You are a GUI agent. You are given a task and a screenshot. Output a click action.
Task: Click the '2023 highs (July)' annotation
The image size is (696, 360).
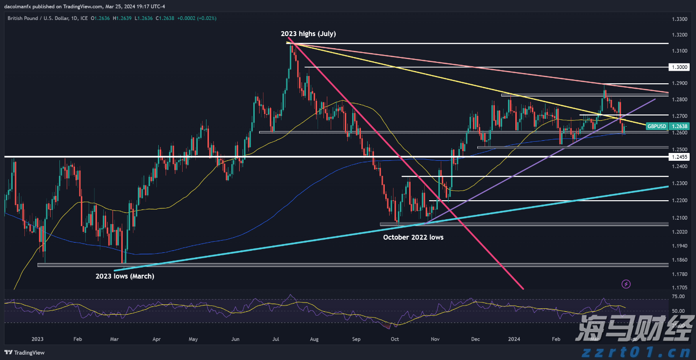[308, 34]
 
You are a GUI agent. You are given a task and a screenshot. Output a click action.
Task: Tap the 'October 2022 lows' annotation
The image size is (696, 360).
[413, 237]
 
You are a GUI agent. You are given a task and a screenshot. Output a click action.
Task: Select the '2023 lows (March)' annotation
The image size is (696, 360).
[124, 276]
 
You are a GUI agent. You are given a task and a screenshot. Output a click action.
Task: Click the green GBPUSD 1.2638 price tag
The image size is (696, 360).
[662, 126]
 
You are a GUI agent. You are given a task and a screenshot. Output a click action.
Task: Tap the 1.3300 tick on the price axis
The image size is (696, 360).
[679, 19]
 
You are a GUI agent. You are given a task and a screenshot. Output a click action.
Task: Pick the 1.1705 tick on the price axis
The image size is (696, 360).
[679, 288]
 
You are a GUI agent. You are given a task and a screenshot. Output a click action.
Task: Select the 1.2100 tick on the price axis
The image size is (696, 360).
[679, 218]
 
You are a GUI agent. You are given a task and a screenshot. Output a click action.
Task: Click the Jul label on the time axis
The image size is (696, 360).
[276, 339]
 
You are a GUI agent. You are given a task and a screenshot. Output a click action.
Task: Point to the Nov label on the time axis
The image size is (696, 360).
[436, 339]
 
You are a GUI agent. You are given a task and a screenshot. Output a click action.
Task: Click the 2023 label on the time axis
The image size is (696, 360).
[38, 339]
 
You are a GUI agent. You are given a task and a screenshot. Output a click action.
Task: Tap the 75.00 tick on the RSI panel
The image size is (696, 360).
[678, 296]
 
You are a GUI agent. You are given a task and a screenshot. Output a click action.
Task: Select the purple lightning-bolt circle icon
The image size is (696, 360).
[626, 284]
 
